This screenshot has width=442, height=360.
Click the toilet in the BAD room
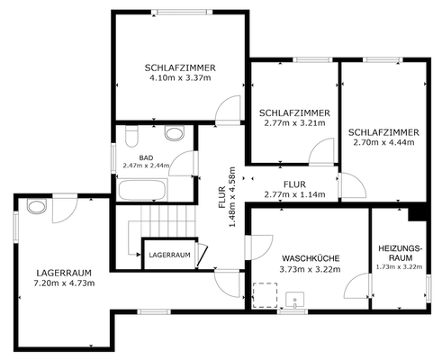(x=133, y=137)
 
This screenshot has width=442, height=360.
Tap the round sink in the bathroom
(x=176, y=135)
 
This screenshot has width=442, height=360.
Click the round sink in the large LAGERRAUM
(x=35, y=207)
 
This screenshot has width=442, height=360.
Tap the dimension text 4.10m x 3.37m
(x=180, y=78)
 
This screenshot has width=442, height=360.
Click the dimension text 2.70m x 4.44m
(x=382, y=141)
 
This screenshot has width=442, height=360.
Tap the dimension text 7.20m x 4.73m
(x=65, y=283)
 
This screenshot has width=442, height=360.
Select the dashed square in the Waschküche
(x=265, y=296)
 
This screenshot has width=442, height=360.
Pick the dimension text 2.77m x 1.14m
(x=294, y=193)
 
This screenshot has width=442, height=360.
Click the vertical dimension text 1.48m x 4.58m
(x=232, y=196)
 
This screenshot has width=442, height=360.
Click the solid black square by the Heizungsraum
(x=418, y=212)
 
